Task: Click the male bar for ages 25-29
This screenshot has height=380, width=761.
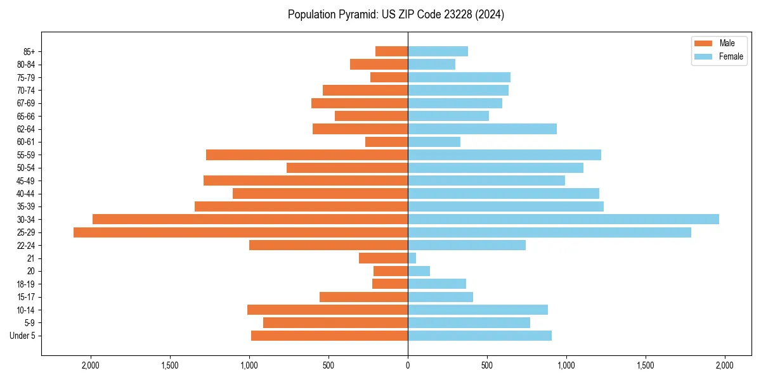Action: tap(240, 232)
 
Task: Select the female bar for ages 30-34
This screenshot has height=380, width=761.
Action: tap(563, 219)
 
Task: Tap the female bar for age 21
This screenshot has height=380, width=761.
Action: tap(412, 258)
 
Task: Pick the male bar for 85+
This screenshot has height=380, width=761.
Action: tap(391, 51)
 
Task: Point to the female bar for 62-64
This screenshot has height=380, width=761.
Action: tap(482, 129)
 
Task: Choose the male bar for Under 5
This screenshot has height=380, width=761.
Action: tap(329, 336)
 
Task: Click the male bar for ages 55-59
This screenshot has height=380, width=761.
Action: tap(307, 155)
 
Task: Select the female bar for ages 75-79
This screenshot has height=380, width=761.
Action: tap(459, 77)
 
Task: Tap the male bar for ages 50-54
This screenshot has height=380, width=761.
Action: tap(347, 168)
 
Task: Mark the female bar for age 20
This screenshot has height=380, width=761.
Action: tap(419, 271)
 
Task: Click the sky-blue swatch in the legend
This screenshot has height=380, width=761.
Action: tap(704, 56)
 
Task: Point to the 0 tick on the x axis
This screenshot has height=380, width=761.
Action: tap(408, 365)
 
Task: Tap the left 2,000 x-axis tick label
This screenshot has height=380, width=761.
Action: tap(91, 365)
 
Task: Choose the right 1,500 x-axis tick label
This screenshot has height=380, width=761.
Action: tap(646, 365)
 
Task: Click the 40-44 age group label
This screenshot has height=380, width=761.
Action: tap(26, 194)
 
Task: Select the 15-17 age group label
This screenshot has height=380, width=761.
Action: tap(26, 297)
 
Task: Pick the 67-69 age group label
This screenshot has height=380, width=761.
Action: tap(26, 103)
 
